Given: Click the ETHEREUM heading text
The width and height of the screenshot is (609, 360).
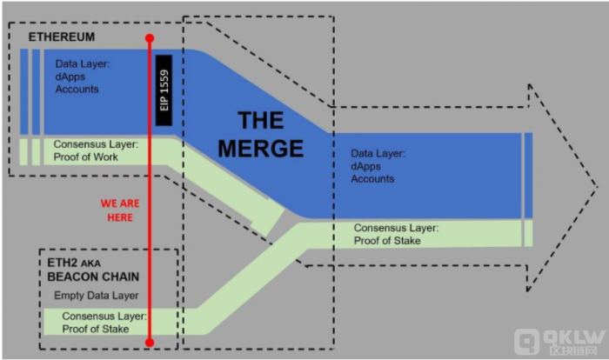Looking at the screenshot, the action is tap(62, 37).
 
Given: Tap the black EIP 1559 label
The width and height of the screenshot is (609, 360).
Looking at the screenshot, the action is tap(164, 90).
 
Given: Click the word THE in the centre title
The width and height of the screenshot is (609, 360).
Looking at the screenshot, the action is tap(261, 120).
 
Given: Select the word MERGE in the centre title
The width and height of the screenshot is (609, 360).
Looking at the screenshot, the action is tap(261, 149).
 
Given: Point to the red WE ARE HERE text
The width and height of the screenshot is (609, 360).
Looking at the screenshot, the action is tap(120, 210).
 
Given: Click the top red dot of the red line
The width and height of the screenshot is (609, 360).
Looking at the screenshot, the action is tap(150, 38).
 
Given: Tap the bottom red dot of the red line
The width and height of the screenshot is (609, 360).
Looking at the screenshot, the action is tap(150, 342).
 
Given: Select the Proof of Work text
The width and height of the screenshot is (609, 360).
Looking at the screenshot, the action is tap(86, 157).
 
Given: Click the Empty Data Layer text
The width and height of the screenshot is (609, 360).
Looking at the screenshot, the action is tap(97, 296).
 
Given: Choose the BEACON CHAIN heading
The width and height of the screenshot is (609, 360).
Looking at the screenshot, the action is tap(93, 277).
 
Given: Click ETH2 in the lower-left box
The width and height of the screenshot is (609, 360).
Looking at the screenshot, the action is tap(62, 263).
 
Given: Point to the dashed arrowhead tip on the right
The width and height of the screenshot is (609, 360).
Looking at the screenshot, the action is tap(598, 188).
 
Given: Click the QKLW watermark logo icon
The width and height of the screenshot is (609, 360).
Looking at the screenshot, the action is tap(526, 342).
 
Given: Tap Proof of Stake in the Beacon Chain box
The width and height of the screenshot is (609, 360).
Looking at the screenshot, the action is tap(96, 329).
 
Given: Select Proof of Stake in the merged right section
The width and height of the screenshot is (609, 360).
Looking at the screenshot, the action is tap(387, 241).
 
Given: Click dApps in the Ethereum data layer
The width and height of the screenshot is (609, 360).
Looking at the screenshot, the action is tap(70, 77).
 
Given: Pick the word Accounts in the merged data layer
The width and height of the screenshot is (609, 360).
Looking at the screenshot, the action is tap(372, 179).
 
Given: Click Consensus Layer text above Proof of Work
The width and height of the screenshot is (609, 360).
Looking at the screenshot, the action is tap(96, 144).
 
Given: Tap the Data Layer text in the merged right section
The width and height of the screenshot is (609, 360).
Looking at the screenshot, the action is tap(378, 154).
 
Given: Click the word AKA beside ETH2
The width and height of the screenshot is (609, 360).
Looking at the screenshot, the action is tap(90, 263).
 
